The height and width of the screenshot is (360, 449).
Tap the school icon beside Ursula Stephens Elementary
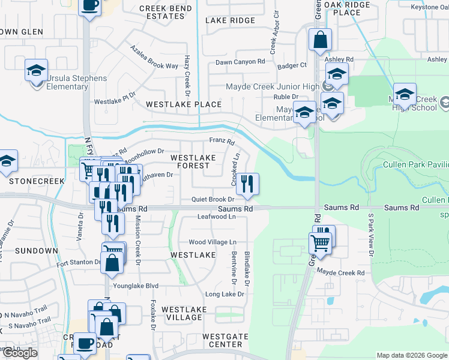pyautogui.click(x=36, y=70)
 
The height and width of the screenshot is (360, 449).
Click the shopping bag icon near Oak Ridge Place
pyautogui.click(x=321, y=40)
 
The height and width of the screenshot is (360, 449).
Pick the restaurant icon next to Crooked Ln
pyautogui.click(x=247, y=184)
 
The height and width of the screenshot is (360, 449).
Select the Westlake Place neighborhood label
pyautogui.click(x=183, y=104)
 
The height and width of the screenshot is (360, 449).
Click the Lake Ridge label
pyautogui.click(x=230, y=20)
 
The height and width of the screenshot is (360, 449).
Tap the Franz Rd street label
pyautogui.click(x=221, y=140)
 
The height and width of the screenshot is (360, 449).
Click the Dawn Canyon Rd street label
pyautogui.click(x=240, y=62)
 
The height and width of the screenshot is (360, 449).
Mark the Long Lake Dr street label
pyautogui.click(x=225, y=295)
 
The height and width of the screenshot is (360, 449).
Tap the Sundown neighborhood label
pyautogui.click(x=36, y=250)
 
